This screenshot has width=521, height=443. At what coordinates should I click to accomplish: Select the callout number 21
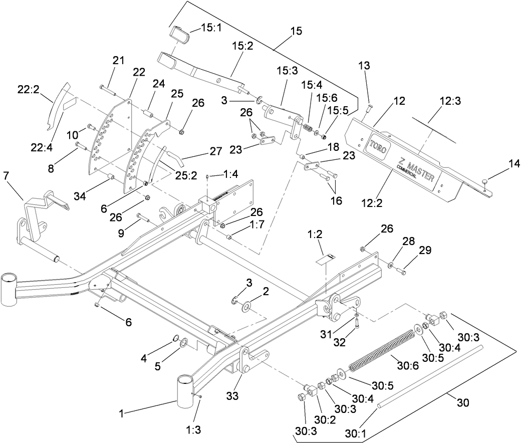coord(118,61)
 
